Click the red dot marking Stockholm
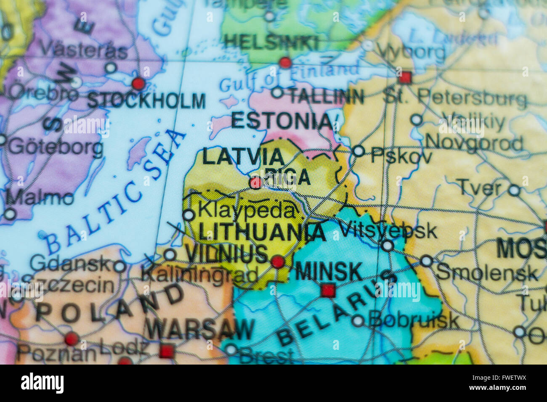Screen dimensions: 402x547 pyautogui.click(x=138, y=83)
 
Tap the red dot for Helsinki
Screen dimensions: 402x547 pyautogui.click(x=285, y=63)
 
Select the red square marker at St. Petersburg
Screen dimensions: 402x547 pyautogui.click(x=405, y=77)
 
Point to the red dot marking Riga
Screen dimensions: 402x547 pyautogui.click(x=255, y=183)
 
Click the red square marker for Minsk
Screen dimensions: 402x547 pyautogui.click(x=328, y=290)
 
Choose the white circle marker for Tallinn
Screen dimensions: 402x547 pyautogui.click(x=277, y=93)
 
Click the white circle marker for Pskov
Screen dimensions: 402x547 pyautogui.click(x=358, y=151)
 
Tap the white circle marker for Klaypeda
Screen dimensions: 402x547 pyautogui.click(x=189, y=215)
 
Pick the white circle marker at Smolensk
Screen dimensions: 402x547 pyautogui.click(x=426, y=261)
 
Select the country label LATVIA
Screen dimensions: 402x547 pyautogui.click(x=243, y=157)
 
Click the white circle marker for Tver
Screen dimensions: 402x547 pyautogui.click(x=514, y=190)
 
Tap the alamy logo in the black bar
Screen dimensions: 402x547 pyautogui.click(x=42, y=383)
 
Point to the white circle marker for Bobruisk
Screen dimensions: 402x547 pyautogui.click(x=358, y=321)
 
